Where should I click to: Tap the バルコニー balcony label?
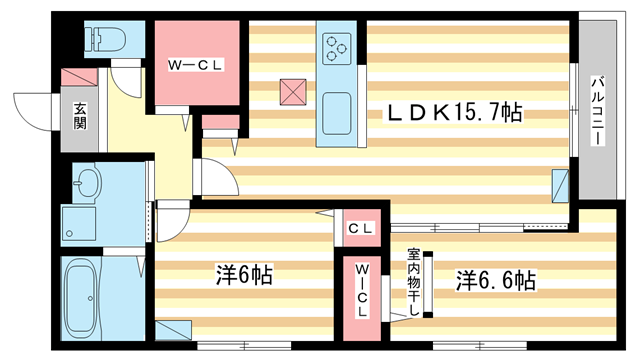pyautogui.click(x=596, y=111)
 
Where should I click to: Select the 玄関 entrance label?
pyautogui.click(x=80, y=116)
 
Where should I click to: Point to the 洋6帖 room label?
pyautogui.click(x=244, y=274)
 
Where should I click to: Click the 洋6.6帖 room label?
pyautogui.click(x=496, y=279)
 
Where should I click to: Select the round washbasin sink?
pyautogui.click(x=89, y=184)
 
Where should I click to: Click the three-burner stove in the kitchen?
pyautogui.click(x=335, y=46)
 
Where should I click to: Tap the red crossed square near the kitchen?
pyautogui.click(x=293, y=91)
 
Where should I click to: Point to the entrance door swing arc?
pyautogui.click(x=30, y=110)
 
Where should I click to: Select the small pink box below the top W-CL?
pyautogui.click(x=221, y=124)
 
